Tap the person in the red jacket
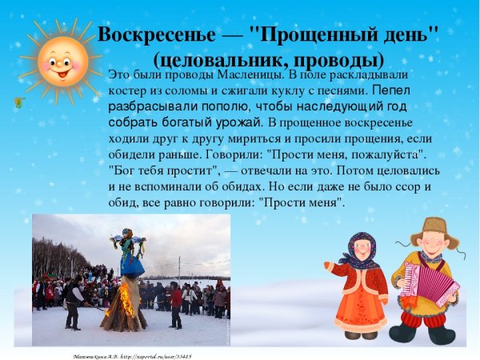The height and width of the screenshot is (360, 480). tap(176, 304)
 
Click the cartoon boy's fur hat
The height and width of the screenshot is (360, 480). tap(434, 227)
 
